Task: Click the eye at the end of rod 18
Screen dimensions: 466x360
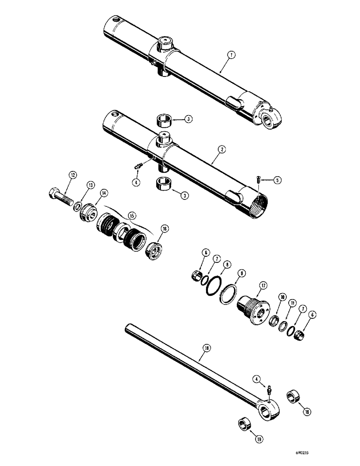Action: tap(268, 411)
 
